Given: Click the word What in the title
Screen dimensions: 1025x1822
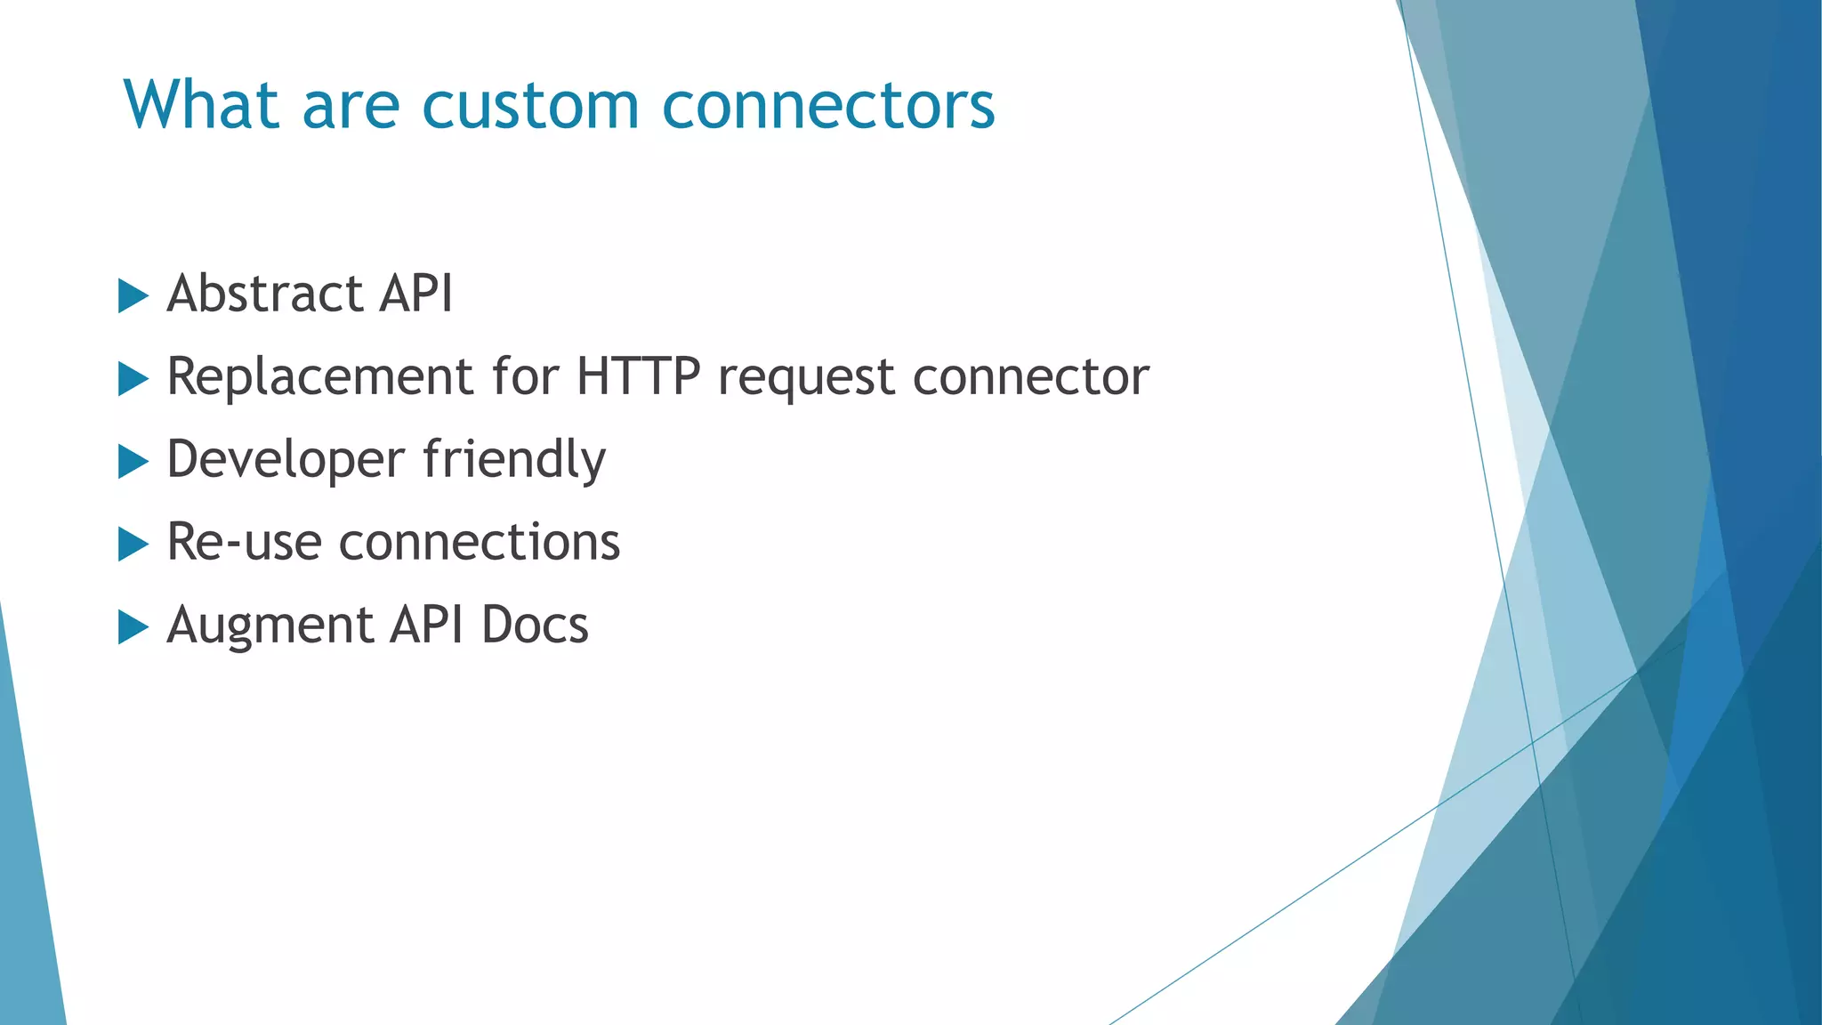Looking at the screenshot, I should click(202, 105).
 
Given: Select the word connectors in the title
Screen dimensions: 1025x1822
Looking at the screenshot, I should click(828, 105).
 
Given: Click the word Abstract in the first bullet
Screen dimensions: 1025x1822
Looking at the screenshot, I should click(265, 294).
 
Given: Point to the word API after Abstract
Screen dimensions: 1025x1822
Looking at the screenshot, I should click(416, 294).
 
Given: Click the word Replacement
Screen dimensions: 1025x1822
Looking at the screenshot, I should click(319, 376).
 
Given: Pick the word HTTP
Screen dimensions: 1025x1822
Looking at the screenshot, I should click(638, 376).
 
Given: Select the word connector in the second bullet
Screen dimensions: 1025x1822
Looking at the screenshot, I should click(1031, 376).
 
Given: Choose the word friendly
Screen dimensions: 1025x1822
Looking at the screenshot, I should click(514, 461).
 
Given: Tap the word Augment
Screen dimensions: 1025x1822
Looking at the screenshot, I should click(270, 625).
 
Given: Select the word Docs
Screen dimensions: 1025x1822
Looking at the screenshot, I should click(535, 625).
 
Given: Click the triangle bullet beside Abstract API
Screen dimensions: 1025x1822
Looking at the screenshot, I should click(133, 295).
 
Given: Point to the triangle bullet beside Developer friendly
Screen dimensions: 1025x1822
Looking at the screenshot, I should click(133, 462).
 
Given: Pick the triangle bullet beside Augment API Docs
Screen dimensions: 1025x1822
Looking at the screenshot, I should click(133, 627).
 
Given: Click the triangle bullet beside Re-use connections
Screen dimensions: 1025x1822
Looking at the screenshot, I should click(133, 544).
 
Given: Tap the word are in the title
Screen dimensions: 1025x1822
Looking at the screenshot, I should click(351, 105).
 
